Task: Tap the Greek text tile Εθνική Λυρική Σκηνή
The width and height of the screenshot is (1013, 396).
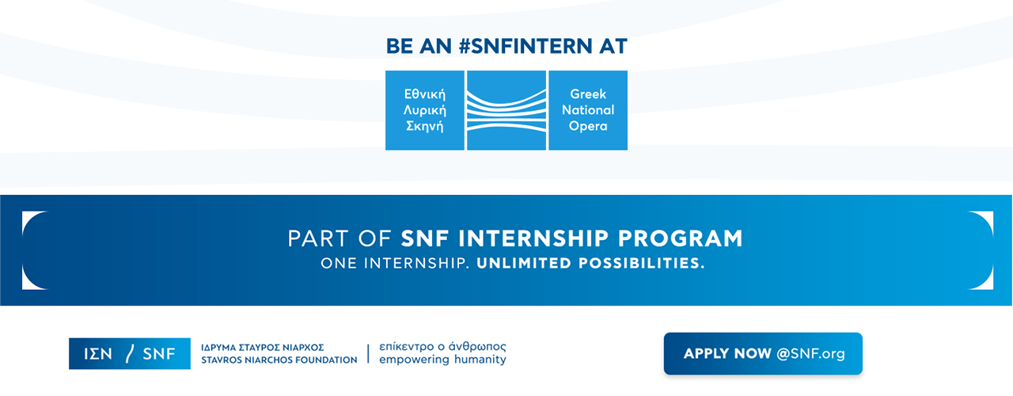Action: (x=425, y=110)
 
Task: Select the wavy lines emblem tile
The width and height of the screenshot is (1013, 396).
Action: (x=506, y=110)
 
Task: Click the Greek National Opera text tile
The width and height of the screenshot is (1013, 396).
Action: (x=588, y=110)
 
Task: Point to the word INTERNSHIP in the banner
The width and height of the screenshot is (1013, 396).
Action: (x=533, y=238)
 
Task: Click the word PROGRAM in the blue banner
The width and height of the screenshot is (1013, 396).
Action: (x=680, y=238)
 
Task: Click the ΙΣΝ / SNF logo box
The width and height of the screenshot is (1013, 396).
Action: (x=130, y=353)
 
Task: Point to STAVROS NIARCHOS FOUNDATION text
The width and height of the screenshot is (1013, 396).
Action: (x=279, y=360)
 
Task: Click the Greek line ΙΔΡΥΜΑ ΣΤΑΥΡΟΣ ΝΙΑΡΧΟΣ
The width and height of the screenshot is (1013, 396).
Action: (x=262, y=348)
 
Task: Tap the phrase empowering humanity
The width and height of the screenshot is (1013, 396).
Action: (x=442, y=360)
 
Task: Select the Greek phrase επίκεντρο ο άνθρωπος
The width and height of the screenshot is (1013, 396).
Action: (x=442, y=347)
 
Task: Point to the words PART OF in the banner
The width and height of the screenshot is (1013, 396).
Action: (x=340, y=238)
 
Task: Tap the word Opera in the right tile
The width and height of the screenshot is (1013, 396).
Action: (x=588, y=126)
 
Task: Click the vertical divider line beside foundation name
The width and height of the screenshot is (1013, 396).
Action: (x=368, y=353)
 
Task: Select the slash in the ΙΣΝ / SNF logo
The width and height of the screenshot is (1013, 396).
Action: (x=130, y=353)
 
